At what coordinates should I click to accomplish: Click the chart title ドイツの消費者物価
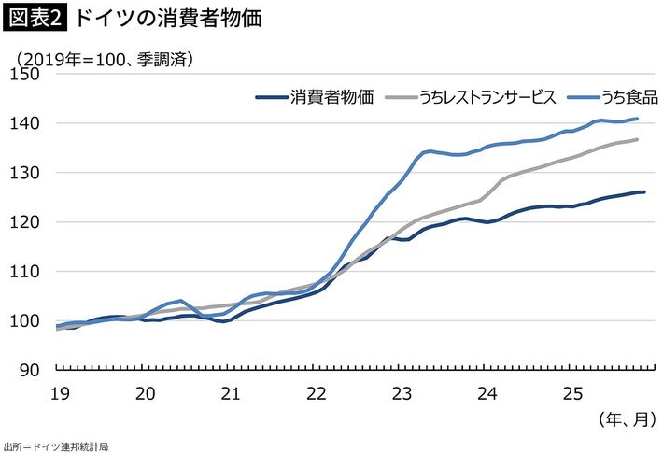[167, 19]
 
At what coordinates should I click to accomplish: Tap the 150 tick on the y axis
[30, 74]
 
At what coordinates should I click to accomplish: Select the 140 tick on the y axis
[30, 123]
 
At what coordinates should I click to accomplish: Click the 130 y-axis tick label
[30, 173]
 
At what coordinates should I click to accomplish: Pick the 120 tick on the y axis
[30, 222]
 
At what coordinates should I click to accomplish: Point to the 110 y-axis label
[30, 272]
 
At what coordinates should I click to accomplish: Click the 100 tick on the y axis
[30, 321]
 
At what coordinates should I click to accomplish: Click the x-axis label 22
[317, 393]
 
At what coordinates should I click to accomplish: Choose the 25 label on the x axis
[573, 393]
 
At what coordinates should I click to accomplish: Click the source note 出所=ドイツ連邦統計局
[56, 446]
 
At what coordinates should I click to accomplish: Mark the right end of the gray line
[637, 140]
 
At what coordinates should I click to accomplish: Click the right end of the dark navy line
[643, 192]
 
